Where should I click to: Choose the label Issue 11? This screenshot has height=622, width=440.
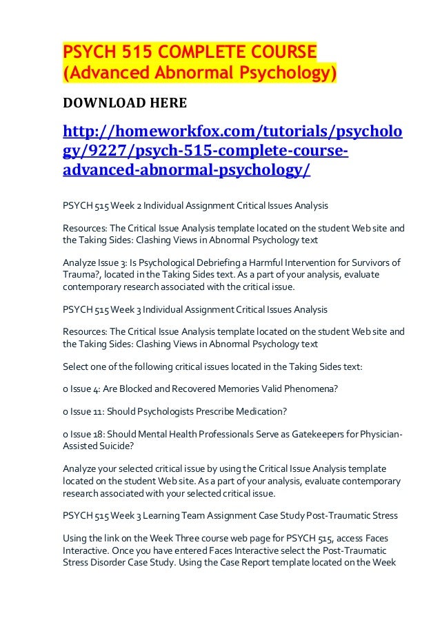(x=86, y=411)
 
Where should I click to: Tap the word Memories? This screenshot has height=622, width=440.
(x=229, y=388)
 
